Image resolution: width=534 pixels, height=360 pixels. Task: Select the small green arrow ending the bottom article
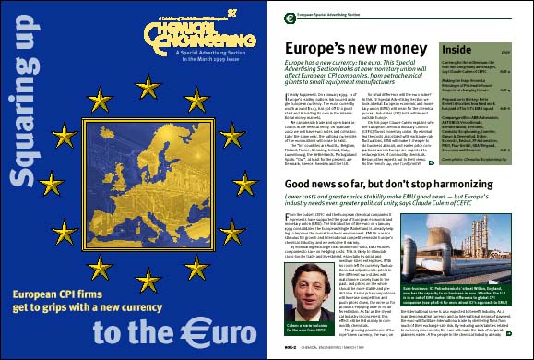coord(521,334)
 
